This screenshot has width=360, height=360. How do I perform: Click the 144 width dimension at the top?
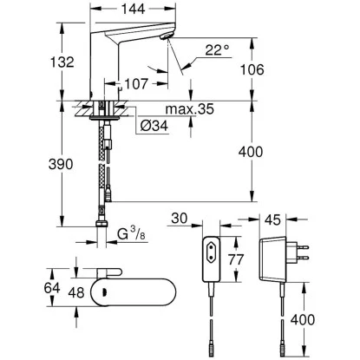click(x=133, y=9)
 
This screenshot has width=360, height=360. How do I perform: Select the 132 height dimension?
click(x=62, y=62)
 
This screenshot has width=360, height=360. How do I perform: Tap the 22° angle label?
click(x=217, y=49)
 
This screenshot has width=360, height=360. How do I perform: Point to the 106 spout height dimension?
click(x=252, y=69)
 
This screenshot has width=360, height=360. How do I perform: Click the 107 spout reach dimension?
click(x=136, y=84)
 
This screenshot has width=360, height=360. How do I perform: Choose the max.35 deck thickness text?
click(x=190, y=109)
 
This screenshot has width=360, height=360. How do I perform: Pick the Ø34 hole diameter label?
click(x=154, y=126)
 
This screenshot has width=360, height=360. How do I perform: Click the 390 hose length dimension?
click(x=61, y=164)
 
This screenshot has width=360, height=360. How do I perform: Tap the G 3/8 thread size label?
click(x=132, y=234)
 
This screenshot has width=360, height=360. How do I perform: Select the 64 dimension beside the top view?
click(x=52, y=288)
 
